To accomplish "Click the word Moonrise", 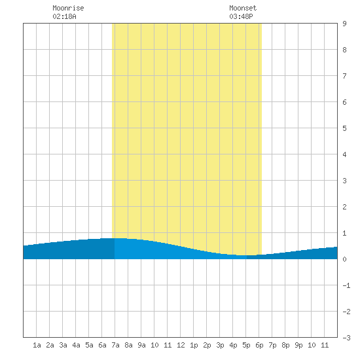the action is point(68,8).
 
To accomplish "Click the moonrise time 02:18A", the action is point(65,16).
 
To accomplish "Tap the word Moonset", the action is point(243,8).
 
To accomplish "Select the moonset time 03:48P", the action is point(241,16).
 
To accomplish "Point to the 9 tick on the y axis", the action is point(344,24).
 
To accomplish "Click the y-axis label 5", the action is point(344,128).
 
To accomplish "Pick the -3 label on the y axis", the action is point(346,338).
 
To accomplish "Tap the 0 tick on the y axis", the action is point(344,259).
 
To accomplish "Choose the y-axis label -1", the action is point(346,285).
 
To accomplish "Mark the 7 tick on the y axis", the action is point(344,76).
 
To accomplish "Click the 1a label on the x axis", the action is point(37,345).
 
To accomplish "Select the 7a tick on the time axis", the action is point(115,345).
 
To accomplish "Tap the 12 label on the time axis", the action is point(181,345).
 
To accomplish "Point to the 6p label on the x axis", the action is point(259,345).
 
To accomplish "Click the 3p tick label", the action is point(220,345).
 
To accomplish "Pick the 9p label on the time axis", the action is point(298,345).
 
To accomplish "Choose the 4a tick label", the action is point(76,345).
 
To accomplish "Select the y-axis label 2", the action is point(344,207).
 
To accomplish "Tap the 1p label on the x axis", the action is point(194,345).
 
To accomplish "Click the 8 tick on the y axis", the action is point(344,50).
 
